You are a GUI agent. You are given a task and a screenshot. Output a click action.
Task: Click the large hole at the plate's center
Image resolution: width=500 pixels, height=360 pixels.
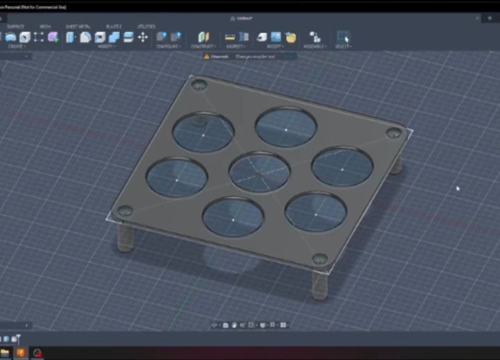pyautogui.click(x=259, y=171)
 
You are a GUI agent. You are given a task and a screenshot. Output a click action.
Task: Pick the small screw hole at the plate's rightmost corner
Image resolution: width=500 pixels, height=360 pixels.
pyautogui.click(x=394, y=133)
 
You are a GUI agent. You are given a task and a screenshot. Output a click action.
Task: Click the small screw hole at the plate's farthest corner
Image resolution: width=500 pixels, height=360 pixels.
pyautogui.click(x=199, y=85)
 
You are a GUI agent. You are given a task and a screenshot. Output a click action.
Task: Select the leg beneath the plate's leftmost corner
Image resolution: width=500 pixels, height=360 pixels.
pyautogui.click(x=125, y=237)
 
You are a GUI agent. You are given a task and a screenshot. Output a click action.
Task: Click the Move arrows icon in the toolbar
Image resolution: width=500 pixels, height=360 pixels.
pyautogui.click(x=143, y=37)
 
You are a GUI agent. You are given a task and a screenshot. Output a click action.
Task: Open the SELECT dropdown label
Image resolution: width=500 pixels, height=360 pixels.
pyautogui.click(x=343, y=47)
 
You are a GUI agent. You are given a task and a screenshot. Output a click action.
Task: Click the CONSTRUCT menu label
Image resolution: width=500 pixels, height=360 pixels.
pyautogui.click(x=203, y=47)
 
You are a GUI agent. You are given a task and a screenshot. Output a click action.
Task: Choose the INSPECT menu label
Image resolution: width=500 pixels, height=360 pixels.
pyautogui.click(x=235, y=47)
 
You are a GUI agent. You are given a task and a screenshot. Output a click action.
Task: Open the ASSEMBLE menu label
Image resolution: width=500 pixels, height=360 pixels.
pyautogui.click(x=315, y=47)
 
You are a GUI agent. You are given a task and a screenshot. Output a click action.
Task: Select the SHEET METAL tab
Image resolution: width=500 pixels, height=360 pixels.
pyautogui.click(x=77, y=27)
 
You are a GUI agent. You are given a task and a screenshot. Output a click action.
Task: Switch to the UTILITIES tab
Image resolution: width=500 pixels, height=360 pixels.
pyautogui.click(x=146, y=27)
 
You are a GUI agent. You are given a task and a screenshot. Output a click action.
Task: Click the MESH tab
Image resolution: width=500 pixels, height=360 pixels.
pyautogui.click(x=45, y=27)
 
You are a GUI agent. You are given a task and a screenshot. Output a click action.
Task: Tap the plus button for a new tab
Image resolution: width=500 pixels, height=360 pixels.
pyautogui.click(x=489, y=18)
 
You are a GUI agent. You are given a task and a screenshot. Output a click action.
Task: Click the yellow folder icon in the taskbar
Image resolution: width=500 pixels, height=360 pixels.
pyautogui.click(x=5, y=352)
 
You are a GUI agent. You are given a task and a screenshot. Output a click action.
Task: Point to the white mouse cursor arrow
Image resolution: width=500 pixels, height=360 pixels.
pyautogui.click(x=458, y=189)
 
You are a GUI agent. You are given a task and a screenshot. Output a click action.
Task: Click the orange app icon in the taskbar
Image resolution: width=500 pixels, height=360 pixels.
pyautogui.click(x=21, y=352)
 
